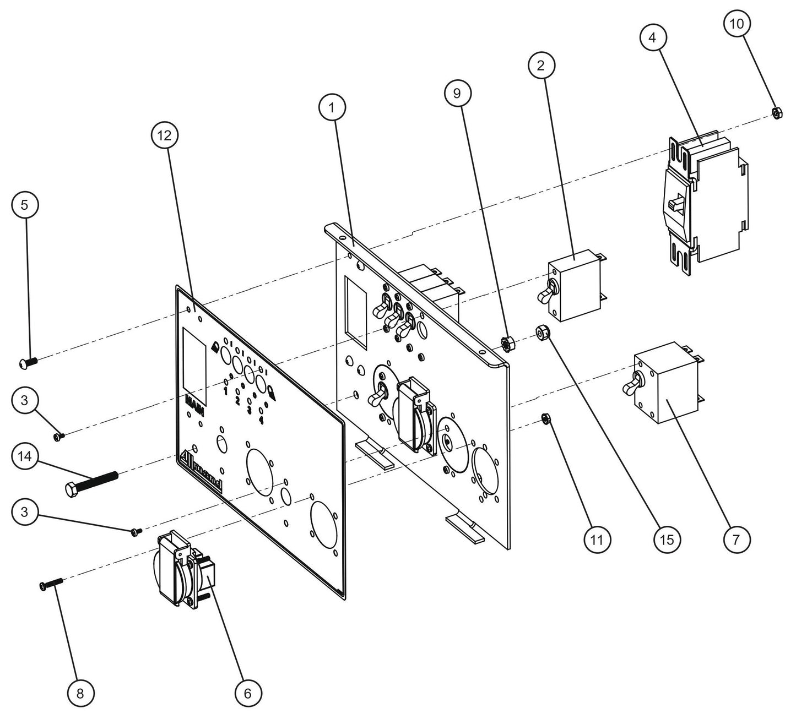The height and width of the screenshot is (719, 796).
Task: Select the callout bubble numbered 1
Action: pos(331,108)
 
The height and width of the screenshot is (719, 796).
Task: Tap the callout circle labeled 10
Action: pos(737,24)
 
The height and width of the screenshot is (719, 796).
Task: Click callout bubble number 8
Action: pos(80,694)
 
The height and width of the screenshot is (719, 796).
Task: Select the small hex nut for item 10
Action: pos(775,113)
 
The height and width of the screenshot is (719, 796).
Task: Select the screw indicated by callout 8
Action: pos(50,586)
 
